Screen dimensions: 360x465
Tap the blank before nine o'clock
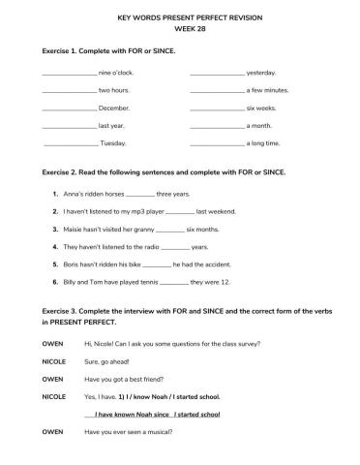pyautogui.click(x=70, y=73)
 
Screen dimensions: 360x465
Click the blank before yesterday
pyautogui.click(x=217, y=73)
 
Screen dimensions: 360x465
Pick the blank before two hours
pyautogui.click(x=70, y=90)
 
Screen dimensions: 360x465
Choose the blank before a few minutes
pyautogui.click(x=217, y=90)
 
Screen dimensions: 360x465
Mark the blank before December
pyautogui.click(x=70, y=108)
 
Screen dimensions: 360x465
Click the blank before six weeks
pyautogui.click(x=217, y=108)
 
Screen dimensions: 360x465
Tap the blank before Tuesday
pyautogui.click(x=71, y=143)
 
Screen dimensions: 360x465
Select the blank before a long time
pyautogui.click(x=217, y=143)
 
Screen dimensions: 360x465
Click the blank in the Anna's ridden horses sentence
pyautogui.click(x=140, y=194)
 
